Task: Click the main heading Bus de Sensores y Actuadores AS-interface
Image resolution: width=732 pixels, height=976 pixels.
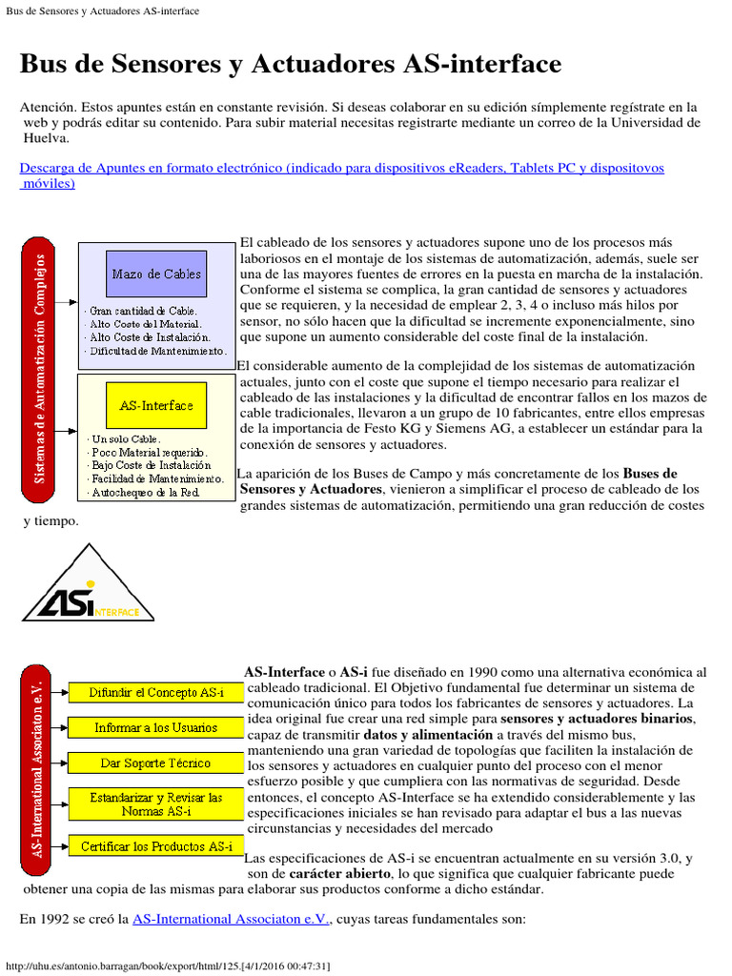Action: coord(291,64)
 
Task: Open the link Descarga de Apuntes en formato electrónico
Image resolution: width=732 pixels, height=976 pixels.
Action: coord(341,168)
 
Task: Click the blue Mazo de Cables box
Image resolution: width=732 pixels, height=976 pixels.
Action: coord(156,274)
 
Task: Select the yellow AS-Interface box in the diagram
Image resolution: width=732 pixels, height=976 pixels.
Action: coord(156,405)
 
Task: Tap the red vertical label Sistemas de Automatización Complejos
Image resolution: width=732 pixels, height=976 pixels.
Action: coord(39,368)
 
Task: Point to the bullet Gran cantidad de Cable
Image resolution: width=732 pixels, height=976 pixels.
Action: coord(143,311)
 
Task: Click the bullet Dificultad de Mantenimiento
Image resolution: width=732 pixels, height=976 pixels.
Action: coord(158,351)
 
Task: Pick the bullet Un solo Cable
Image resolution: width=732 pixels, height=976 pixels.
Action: coord(125,438)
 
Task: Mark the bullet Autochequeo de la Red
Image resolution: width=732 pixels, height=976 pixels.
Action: coord(145,493)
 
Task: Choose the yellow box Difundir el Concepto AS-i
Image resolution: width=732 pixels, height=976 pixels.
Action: coord(156,692)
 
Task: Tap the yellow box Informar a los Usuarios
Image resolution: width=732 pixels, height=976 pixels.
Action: coord(156,727)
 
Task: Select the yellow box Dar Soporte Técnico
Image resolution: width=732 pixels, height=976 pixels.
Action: coord(156,762)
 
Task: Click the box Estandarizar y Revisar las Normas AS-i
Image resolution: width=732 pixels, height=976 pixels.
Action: coord(156,803)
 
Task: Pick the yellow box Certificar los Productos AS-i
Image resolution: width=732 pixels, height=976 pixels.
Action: coord(156,845)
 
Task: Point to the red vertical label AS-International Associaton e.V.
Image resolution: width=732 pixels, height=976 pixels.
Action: coord(37,769)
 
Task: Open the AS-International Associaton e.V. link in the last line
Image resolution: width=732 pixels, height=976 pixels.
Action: coord(231,919)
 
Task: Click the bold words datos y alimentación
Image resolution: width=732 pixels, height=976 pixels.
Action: coord(428,735)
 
